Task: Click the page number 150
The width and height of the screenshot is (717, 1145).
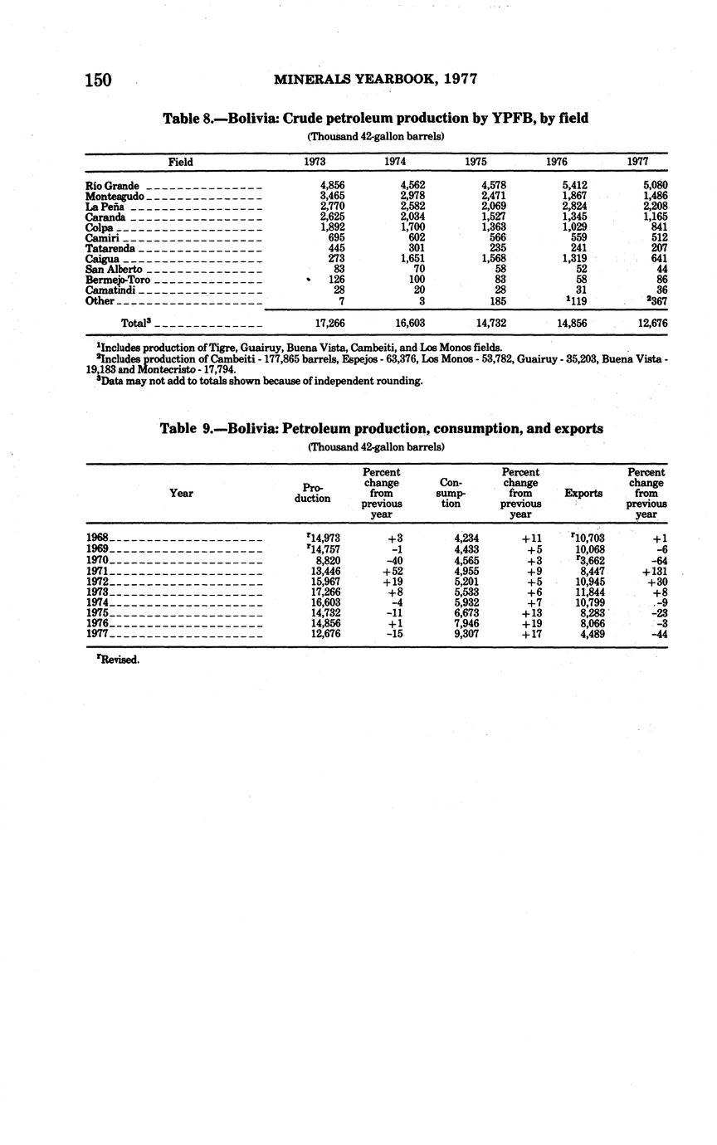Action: (x=98, y=80)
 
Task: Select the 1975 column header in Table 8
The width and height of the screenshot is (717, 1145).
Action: (x=476, y=162)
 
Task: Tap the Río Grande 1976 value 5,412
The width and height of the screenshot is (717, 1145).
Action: (x=574, y=185)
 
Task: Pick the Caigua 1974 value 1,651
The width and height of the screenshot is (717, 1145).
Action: (x=412, y=258)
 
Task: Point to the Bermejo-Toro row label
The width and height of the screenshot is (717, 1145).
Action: (x=118, y=280)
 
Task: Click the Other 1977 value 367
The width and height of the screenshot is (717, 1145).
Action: (x=656, y=301)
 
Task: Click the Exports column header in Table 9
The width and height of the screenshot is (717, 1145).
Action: (x=583, y=493)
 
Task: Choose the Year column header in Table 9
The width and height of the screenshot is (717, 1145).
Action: (x=181, y=493)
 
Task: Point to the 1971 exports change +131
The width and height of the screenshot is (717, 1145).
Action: (x=655, y=571)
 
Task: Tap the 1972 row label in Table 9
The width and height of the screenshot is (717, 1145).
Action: (x=97, y=582)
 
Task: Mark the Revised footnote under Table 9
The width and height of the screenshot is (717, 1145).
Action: (x=119, y=660)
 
